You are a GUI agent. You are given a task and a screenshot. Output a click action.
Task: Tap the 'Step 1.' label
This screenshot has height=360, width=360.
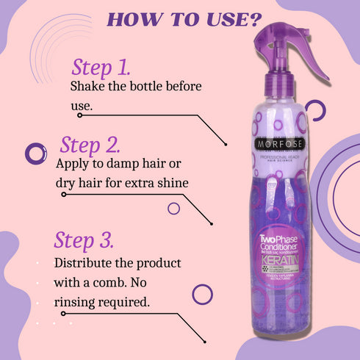[x=101, y=68]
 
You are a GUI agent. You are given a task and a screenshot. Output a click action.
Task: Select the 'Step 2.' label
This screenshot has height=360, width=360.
[x=90, y=143]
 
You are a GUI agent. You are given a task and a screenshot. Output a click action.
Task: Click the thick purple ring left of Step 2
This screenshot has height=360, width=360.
[x=35, y=154]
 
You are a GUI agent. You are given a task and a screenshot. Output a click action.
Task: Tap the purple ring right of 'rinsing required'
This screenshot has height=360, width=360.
[x=202, y=294]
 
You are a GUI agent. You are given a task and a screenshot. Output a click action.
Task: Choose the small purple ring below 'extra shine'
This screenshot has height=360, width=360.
[x=173, y=208]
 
